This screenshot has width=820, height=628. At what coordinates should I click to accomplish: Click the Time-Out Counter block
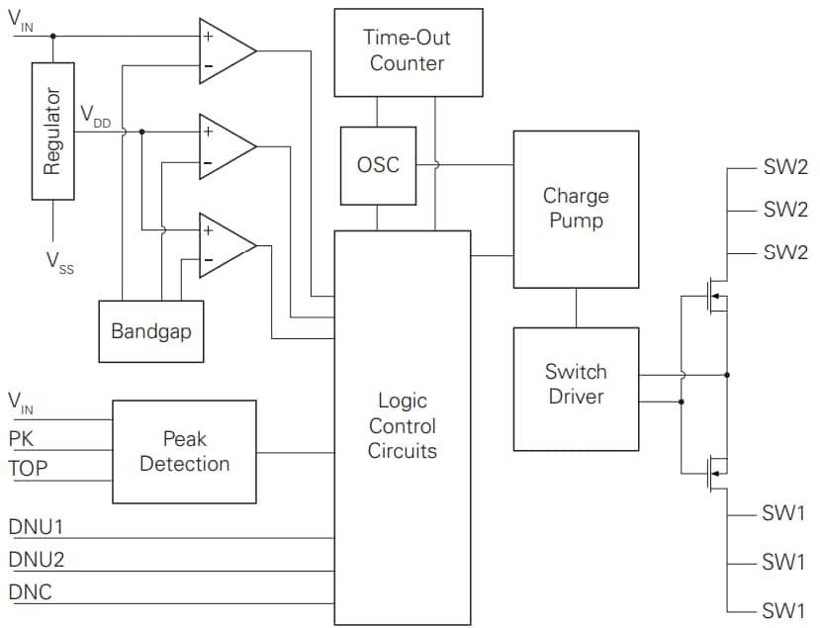coord(409,52)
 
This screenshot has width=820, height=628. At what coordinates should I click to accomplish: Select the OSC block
coord(378,165)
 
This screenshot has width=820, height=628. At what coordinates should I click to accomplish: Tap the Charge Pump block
coord(576,209)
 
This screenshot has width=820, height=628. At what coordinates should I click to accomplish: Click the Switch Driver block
coord(576,385)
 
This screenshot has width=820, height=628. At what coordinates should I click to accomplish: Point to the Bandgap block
coord(151,331)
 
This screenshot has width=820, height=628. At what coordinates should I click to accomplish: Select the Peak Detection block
coord(184,451)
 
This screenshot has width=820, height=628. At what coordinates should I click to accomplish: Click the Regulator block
coord(52,132)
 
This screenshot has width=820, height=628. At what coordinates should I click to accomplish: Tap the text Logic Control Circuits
coord(402,426)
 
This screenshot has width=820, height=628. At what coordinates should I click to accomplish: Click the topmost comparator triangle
coord(226,49)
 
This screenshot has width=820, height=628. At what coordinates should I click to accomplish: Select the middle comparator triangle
coord(226,146)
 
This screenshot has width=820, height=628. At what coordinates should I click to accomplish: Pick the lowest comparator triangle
coord(226,244)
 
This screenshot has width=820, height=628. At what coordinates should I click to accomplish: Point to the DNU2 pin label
coord(37,560)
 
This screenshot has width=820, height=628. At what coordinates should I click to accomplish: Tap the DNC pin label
coord(31,593)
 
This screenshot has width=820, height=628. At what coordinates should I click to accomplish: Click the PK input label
coord(21,436)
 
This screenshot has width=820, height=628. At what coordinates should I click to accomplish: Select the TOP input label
coord(27,469)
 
